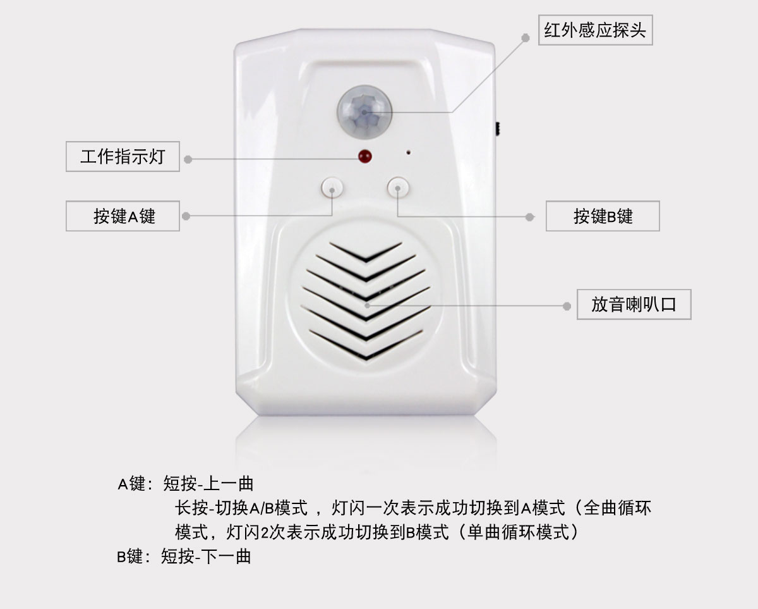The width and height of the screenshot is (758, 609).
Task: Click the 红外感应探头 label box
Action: pyautogui.click(x=595, y=30)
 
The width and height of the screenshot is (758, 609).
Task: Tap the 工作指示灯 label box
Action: pyautogui.click(x=123, y=156)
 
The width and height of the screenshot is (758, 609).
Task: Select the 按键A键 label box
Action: pyautogui.click(x=123, y=216)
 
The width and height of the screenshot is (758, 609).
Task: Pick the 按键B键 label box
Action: pyautogui.click(x=603, y=216)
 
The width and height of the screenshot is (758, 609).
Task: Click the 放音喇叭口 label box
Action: pyautogui.click(x=634, y=304)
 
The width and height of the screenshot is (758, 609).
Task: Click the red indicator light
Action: pyautogui.click(x=364, y=156)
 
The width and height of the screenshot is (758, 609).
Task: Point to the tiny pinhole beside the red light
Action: pyautogui.click(x=409, y=152)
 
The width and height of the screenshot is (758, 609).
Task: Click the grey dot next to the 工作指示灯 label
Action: pyautogui.click(x=188, y=159)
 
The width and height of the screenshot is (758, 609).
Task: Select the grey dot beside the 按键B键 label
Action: pyautogui.click(x=531, y=217)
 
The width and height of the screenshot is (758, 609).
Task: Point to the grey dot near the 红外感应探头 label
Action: pyautogui.click(x=525, y=37)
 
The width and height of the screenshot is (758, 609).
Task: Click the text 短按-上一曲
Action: pyautogui.click(x=208, y=484)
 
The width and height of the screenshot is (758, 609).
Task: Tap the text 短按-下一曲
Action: pyautogui.click(x=206, y=557)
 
